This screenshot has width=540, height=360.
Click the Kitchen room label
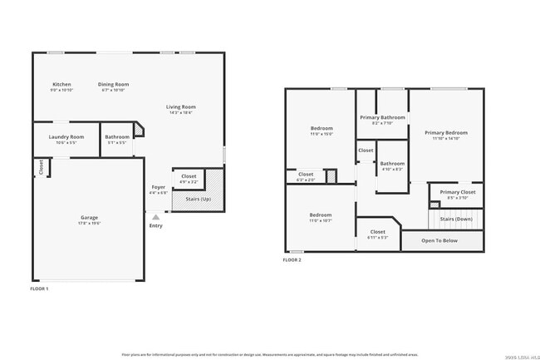click(61, 84)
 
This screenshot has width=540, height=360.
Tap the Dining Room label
click(113, 84)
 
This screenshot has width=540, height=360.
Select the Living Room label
click(180, 106)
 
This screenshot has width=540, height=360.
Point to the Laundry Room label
click(66, 136)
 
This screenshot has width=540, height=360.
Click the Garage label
click(89, 218)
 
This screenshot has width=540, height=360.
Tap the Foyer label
click(158, 187)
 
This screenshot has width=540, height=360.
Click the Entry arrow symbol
click(155, 216)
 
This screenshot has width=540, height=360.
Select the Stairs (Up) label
click(197, 200)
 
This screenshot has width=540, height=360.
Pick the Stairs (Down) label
click(455, 219)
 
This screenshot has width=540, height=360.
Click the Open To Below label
click(439, 240)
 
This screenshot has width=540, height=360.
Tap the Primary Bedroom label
click(446, 132)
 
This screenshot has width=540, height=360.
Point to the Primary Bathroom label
click(382, 117)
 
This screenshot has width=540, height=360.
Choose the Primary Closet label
click(457, 192)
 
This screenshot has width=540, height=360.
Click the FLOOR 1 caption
click(39, 288)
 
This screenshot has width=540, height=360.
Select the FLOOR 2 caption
click(292, 260)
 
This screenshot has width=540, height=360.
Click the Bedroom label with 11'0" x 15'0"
click(321, 129)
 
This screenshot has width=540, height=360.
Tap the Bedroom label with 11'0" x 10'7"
click(321, 215)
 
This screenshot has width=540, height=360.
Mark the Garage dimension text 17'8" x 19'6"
click(89, 223)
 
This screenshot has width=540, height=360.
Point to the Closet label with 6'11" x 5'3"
click(377, 232)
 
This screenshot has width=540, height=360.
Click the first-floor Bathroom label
click(116, 136)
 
